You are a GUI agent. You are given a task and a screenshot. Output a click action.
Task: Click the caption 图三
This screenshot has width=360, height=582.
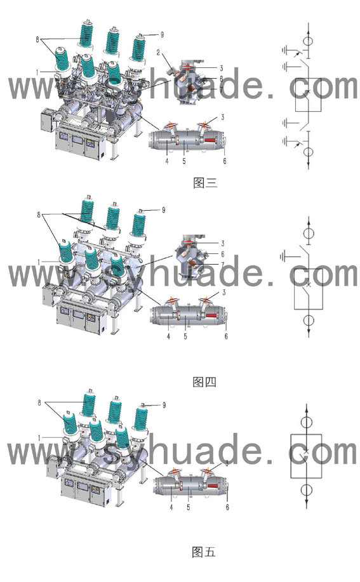[205, 182]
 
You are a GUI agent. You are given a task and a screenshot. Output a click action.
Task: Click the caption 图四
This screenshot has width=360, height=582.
[204, 382]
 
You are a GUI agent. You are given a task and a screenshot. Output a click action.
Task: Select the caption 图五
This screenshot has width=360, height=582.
[204, 552]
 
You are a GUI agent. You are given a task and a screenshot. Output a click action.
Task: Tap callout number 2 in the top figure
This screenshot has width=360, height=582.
[159, 53]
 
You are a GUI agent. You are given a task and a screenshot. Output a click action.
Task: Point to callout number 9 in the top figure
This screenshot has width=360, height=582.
[162, 35]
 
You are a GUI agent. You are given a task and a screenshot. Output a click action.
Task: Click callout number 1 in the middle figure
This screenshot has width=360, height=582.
[39, 262]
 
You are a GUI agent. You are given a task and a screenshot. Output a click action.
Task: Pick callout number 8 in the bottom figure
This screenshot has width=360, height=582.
[39, 403]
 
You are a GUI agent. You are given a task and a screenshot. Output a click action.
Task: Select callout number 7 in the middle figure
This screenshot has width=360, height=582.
[223, 265]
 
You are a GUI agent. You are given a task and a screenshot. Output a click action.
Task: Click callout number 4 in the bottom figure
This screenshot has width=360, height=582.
[171, 507]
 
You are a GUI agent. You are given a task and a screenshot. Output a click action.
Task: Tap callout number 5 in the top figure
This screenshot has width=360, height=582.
[184, 161]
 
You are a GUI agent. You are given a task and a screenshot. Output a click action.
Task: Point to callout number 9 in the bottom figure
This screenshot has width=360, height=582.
[164, 405]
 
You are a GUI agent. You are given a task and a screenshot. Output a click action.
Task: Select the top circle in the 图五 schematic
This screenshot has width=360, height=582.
[307, 422]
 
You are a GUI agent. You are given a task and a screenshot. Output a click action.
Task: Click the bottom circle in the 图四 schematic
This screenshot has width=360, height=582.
[309, 321]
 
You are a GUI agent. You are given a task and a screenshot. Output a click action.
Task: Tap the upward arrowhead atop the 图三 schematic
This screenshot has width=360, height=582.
[309, 27]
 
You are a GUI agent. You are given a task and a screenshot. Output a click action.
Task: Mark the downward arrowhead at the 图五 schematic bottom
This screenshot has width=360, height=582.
[307, 504]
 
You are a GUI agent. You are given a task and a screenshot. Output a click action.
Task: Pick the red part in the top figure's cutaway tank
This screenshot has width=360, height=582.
[210, 140]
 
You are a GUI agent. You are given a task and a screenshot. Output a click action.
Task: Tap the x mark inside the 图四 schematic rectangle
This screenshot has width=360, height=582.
[308, 285]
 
